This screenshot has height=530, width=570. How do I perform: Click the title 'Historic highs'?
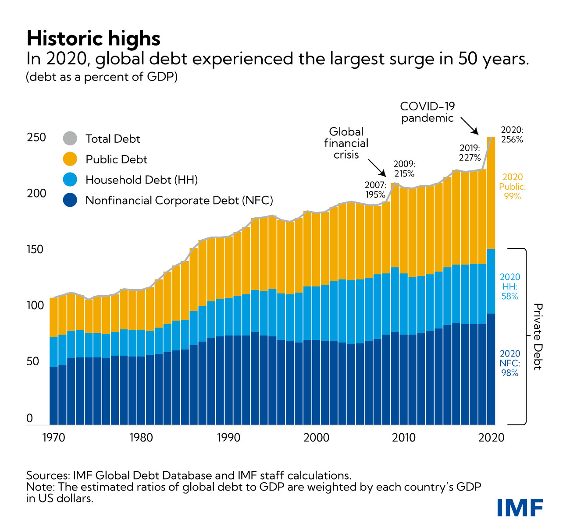[93, 39]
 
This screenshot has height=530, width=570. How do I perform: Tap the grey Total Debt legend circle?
[70, 138]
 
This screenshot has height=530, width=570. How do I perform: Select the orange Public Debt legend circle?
[70, 159]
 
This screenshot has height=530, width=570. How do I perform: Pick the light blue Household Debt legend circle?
[70, 180]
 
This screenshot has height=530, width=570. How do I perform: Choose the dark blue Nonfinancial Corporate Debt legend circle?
[70, 200]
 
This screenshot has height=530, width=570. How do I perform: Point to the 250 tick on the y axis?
[36, 138]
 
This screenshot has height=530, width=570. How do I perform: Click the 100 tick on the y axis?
[36, 306]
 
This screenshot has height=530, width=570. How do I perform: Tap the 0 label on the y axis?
[30, 418]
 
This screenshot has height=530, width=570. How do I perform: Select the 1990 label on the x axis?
[228, 438]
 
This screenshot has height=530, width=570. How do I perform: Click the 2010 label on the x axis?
[404, 438]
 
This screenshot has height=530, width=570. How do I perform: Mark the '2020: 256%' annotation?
[512, 135]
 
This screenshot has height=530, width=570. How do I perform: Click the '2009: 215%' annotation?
[404, 169]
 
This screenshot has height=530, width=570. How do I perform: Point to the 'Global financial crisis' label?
[346, 143]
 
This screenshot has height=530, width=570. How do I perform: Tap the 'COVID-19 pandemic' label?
[427, 112]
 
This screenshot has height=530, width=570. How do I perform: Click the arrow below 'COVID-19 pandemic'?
[469, 126]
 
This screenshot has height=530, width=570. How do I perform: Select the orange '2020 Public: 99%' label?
[512, 187]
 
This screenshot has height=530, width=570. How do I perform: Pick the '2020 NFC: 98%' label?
[510, 363]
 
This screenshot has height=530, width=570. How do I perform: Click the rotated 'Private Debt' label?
[538, 336]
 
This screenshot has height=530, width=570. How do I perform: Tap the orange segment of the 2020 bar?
[491, 193]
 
